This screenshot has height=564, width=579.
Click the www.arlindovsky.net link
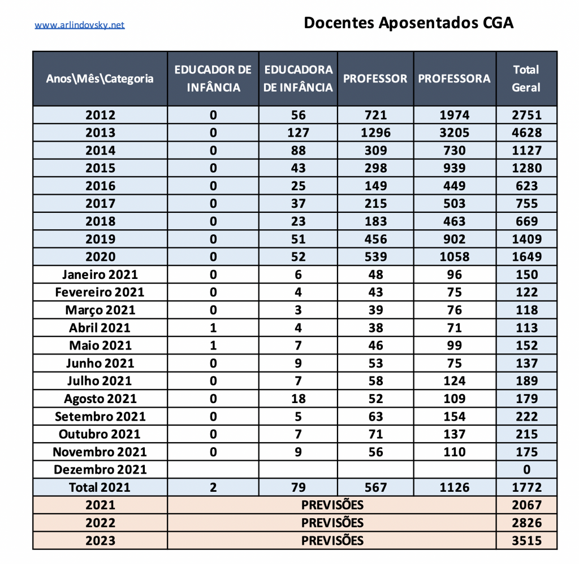80,25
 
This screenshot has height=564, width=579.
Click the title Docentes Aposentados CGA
408,23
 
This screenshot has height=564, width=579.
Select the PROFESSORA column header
454,78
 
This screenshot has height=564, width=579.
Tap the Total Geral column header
526,78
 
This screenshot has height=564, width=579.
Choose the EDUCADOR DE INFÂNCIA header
213,78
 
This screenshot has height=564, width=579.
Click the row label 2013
100,133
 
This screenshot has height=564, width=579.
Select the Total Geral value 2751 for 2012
526,115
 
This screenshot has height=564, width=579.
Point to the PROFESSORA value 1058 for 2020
454,257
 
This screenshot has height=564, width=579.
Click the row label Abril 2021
100,328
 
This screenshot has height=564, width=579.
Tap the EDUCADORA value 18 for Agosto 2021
298,399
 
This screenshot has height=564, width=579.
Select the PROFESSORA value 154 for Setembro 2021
454,417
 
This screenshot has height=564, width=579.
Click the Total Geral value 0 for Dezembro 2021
526,470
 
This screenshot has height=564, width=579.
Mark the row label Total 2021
100,487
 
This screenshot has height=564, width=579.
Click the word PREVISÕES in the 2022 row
332,522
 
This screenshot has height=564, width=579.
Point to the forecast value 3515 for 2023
526,540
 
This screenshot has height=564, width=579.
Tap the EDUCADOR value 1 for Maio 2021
213,346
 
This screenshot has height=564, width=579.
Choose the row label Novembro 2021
100,452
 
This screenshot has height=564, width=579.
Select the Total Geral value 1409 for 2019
526,239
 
